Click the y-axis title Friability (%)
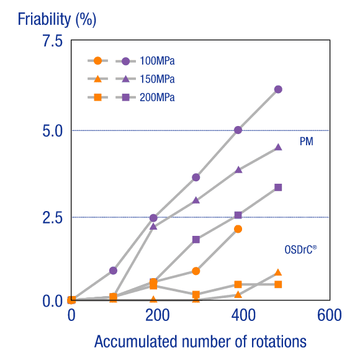57,19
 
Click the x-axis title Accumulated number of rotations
200,342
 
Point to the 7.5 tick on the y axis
53,41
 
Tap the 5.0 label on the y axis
53,131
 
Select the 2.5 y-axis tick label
53,218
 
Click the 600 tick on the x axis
330,315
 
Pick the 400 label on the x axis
243,315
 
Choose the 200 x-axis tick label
158,315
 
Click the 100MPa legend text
157,61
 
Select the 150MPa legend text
157,79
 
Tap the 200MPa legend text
157,97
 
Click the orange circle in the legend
98,61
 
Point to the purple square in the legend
125,97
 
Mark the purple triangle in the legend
125,79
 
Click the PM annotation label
306,142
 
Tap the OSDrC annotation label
300,250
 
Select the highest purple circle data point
278,89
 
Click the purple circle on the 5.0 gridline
238,130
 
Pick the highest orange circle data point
238,229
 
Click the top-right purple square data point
278,187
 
